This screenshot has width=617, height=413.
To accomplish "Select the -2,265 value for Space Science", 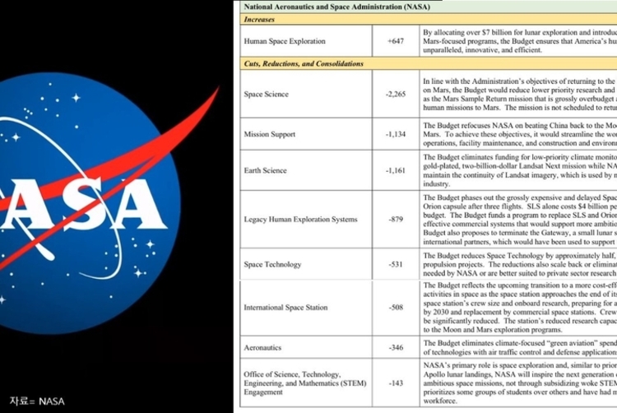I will (397, 95).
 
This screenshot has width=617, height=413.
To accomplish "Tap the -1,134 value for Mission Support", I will (397, 134).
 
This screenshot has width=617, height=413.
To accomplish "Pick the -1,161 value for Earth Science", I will (397, 171).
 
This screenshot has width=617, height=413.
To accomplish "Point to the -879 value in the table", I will (397, 220).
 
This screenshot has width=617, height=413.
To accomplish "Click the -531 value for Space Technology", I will (397, 265).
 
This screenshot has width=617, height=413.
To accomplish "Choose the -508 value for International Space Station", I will (397, 308).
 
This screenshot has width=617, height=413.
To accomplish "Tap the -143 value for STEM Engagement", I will (397, 383).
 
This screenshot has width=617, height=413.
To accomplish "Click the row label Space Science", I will (266, 95).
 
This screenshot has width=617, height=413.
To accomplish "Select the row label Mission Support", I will (271, 134).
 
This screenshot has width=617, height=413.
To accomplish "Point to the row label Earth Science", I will (265, 171).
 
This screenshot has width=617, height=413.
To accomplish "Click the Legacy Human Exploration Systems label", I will (300, 220).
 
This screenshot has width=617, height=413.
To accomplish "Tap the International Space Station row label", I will (285, 308).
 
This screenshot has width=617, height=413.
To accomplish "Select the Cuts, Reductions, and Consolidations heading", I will (303, 63).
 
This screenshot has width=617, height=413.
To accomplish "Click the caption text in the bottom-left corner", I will (36, 401).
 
